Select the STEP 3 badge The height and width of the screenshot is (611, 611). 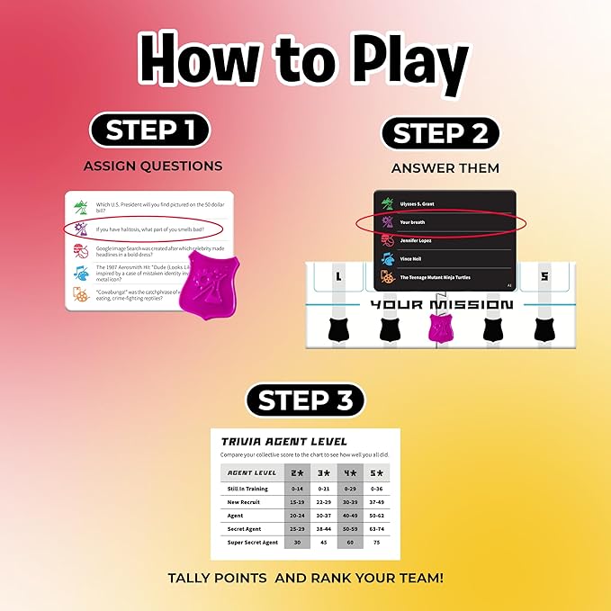click(x=306, y=400)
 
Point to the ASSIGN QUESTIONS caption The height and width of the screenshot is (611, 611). click(x=153, y=166)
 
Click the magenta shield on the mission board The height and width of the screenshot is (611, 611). click(x=436, y=330)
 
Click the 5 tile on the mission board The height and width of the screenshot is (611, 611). click(x=544, y=276)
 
